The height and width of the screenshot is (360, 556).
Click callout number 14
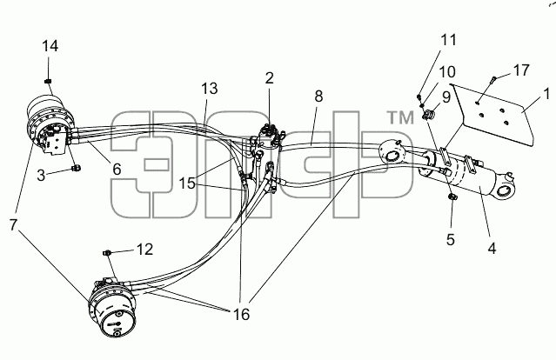50,46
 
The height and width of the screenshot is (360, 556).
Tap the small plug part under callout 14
48,82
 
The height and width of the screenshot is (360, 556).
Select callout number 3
41,175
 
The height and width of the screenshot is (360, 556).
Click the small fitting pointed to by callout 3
76,168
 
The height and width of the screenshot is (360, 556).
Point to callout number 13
209,88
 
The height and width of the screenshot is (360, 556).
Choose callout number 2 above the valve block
270,78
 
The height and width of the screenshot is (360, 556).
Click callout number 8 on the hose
318,96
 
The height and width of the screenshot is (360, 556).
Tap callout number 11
449,40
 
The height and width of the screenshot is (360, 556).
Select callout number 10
447,72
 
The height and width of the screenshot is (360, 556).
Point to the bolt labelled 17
492,80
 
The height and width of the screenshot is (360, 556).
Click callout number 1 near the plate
546,94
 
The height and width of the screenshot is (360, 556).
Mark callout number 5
451,239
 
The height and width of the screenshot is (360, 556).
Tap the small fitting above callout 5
452,197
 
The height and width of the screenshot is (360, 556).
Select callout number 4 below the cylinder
492,248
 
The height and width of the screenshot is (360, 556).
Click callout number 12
144,250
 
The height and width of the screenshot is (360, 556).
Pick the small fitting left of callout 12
106,252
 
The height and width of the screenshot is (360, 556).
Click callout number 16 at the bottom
241,314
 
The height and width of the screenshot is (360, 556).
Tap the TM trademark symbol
400,118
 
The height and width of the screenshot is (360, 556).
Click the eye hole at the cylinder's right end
504,191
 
